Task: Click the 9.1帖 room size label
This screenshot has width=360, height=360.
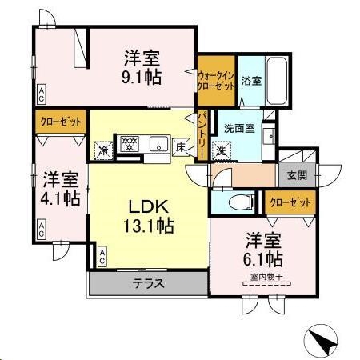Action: click(x=142, y=78)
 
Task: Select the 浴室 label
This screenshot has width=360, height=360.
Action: click(x=251, y=80)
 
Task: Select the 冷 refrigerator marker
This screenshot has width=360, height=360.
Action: click(x=104, y=149)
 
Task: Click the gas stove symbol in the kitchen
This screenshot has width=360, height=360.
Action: click(x=128, y=145)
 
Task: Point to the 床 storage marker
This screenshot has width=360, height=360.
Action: click(x=182, y=147)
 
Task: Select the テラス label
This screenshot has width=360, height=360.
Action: click(x=149, y=283)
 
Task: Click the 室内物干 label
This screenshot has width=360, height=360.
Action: click(x=262, y=278)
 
